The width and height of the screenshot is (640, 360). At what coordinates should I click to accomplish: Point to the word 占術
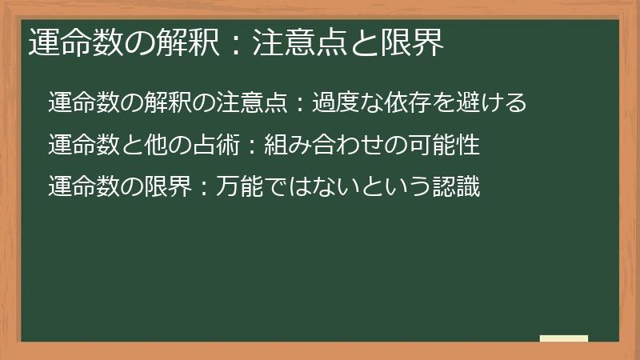pyautogui.click(x=217, y=146)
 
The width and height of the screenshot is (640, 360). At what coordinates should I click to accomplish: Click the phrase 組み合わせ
pyautogui.click(x=313, y=146)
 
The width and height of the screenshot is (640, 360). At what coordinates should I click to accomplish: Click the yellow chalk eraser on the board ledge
pyautogui.click(x=563, y=338)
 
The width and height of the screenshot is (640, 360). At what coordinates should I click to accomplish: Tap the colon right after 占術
pyautogui.click(x=250, y=146)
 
